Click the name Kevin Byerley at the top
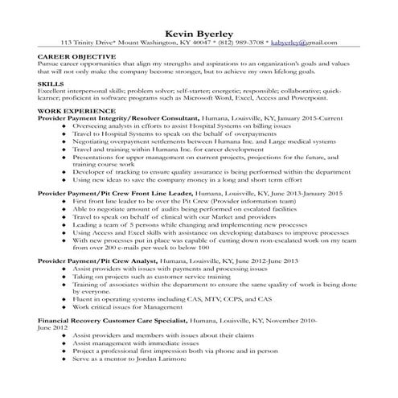tap(199, 31)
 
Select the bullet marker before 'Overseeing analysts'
tap(64, 126)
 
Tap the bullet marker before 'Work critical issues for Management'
tap(64, 307)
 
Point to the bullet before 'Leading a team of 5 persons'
tap(64, 226)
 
